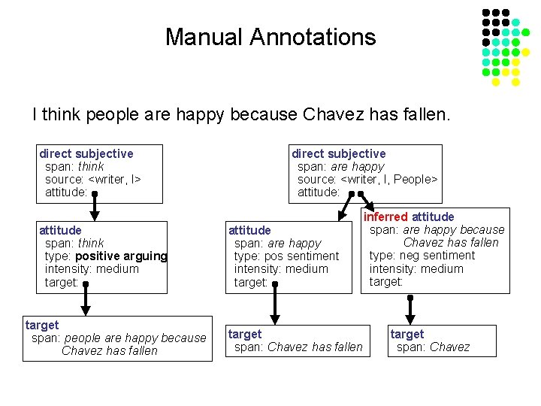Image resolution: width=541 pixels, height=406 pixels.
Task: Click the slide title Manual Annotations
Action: pos(270,37)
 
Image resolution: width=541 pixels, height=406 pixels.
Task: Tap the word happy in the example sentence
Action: pos(201,115)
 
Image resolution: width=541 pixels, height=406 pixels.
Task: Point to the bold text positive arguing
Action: pos(121,256)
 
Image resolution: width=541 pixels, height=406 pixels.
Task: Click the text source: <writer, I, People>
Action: pos(367,179)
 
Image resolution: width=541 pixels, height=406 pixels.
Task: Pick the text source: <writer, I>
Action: pos(93,179)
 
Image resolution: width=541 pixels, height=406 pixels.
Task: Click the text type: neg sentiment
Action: pos(422,256)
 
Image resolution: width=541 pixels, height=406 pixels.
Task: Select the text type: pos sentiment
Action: pos(286,256)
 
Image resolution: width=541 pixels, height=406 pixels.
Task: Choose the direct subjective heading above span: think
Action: pos(86,153)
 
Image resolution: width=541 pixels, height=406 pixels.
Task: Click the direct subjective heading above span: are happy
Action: pos(339,153)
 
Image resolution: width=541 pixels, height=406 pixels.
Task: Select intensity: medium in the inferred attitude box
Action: pos(416,268)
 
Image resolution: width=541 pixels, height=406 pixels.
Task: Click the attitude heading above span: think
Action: pos(60,230)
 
